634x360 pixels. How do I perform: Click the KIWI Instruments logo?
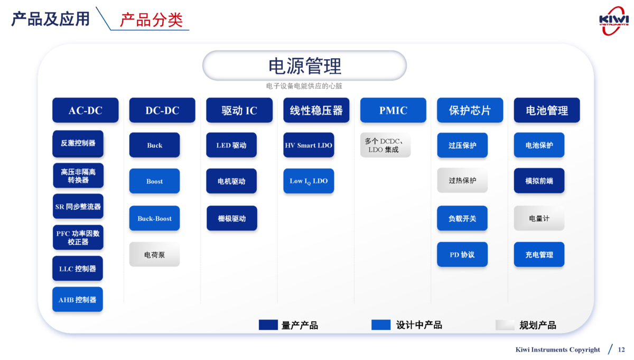point(613,21)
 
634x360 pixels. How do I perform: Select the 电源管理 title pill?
point(304,66)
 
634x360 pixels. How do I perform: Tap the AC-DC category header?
point(85,110)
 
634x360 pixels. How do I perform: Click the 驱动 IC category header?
point(239,110)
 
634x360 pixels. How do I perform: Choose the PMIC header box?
point(393,110)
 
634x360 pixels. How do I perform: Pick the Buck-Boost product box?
point(154,218)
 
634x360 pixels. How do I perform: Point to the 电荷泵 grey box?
point(154,254)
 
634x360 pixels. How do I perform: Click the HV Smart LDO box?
point(309,145)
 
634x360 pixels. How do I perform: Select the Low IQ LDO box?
point(309,181)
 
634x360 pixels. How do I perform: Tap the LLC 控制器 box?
point(78,269)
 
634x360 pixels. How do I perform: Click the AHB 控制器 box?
point(78,300)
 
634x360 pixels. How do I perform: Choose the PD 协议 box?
point(462,254)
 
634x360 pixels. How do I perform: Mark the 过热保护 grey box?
point(462,180)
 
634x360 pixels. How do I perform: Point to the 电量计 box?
point(539,218)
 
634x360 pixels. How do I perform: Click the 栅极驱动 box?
point(231,218)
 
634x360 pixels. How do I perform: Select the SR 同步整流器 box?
point(78,207)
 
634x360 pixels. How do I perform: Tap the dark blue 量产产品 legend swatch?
point(268,325)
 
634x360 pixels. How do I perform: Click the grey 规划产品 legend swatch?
point(505,325)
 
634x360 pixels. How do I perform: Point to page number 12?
point(621,349)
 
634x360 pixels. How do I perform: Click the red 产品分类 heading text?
point(151,20)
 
